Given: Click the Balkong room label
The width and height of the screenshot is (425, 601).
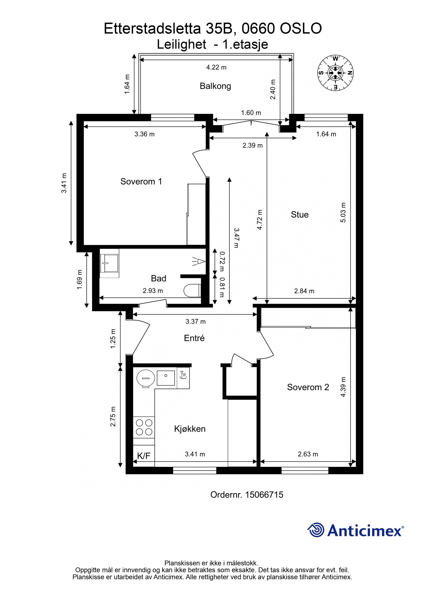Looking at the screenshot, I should point(215,86).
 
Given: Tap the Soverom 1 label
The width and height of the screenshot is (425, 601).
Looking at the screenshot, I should point(141,181).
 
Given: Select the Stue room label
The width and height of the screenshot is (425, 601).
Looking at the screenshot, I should point(300,215).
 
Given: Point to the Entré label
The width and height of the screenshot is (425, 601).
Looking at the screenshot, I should point(194,338).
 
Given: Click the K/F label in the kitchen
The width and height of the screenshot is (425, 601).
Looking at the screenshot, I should point(144,456).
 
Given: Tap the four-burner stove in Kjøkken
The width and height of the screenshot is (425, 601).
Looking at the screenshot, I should point(144,427).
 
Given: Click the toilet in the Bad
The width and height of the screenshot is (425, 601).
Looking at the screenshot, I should point(192,291).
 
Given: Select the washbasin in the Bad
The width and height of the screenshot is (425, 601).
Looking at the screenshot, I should point(109,263).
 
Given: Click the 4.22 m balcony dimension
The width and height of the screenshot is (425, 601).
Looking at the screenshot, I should point(216,67).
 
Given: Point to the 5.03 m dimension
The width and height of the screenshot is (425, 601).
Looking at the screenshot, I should point(343,212).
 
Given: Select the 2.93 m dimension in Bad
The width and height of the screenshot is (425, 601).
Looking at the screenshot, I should point(153,291).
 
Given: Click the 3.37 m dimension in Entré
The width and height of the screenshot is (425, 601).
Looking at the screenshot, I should point(195,322).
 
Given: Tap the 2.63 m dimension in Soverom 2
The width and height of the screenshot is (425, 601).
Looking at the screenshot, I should point(308,454).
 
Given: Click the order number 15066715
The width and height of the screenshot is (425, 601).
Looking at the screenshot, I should point(264,495).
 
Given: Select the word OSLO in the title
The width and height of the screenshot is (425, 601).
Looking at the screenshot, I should point(301,29).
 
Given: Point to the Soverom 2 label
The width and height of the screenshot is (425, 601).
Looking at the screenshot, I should point(308,387).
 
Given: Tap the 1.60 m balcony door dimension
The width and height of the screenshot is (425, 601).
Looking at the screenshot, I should point(251,113).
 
